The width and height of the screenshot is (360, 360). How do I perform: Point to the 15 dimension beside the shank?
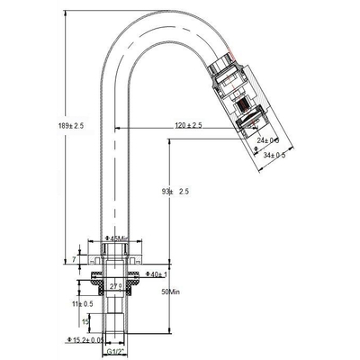point(85,320)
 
